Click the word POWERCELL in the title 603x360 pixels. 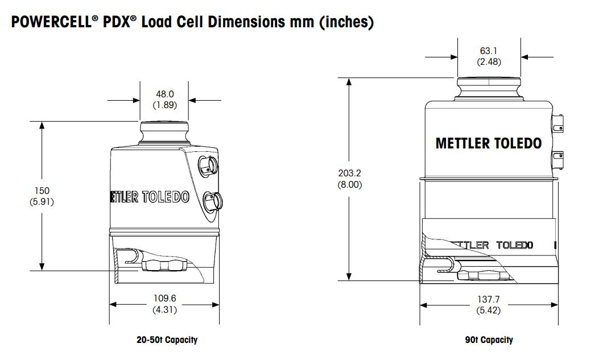pyautogui.click(x=51, y=23)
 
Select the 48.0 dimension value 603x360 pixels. pyautogui.click(x=164, y=94)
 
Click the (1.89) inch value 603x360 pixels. pyautogui.click(x=164, y=105)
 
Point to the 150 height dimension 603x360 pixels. pyautogui.click(x=42, y=191)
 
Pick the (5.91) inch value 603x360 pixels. pyautogui.click(x=42, y=201)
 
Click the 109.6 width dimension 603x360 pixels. pyautogui.click(x=164, y=299)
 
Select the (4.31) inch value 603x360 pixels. pyautogui.click(x=164, y=310)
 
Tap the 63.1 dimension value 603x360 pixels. pyautogui.click(x=489, y=51)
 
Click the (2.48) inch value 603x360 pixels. pyautogui.click(x=489, y=61)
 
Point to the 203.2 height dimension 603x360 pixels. pyautogui.click(x=350, y=173)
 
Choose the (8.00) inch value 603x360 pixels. pyautogui.click(x=350, y=184)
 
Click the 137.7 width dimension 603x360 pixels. pyautogui.click(x=488, y=300)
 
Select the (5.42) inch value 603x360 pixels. pyautogui.click(x=488, y=311)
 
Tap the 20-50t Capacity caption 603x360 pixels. pyautogui.click(x=167, y=340)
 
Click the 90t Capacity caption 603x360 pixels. pyautogui.click(x=488, y=340)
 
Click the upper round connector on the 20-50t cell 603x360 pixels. pyautogui.click(x=207, y=165)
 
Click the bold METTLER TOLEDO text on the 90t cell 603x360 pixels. pyautogui.click(x=488, y=143)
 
